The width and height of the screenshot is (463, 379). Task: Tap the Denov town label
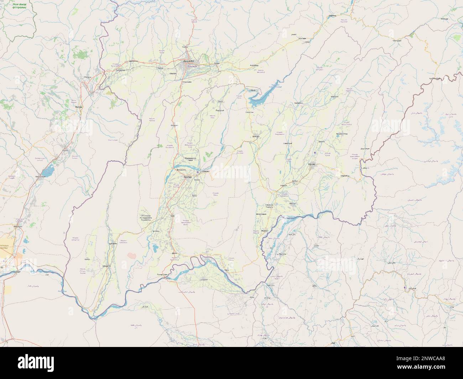point(78,106)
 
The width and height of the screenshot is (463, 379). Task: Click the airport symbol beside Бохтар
point(198,173)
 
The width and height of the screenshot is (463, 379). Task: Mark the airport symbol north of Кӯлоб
point(314,153)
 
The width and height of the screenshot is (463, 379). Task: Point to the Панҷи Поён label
point(162,275)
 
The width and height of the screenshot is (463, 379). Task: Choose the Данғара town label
point(256,136)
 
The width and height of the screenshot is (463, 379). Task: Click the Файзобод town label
point(254,65)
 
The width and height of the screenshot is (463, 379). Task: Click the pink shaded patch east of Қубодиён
point(132,256)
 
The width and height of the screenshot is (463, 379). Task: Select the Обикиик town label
point(174,125)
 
